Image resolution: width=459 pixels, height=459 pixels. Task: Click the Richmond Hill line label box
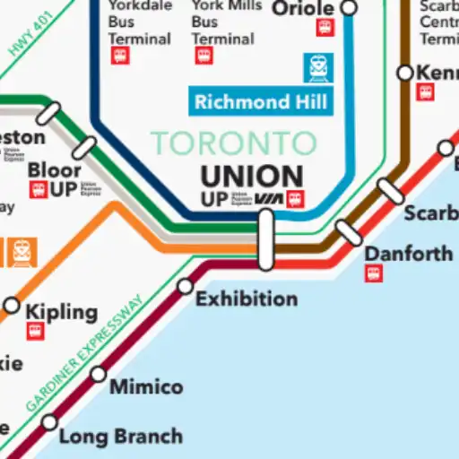261,101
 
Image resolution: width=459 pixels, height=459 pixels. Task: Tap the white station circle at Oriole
350,8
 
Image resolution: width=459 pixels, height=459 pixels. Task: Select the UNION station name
251,175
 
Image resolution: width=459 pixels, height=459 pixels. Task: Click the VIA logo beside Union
269,199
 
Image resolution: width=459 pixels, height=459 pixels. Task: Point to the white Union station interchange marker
265,239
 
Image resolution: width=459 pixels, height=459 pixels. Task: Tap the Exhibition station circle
185,286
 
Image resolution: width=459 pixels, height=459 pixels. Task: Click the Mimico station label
145,387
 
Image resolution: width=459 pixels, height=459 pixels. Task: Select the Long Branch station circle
49,422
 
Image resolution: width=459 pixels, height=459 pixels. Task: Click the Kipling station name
61,312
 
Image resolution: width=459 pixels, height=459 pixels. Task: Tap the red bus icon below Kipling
35,332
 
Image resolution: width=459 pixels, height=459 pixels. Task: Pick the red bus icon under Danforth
374,273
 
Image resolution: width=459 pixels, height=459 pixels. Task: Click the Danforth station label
408,254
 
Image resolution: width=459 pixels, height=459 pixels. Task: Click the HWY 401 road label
30,33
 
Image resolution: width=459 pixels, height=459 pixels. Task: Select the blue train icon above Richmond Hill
318,66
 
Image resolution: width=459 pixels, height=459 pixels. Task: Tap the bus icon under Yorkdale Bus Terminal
119,56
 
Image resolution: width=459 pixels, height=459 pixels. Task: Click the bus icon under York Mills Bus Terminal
204,56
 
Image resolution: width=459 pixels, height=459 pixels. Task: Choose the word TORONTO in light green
233,143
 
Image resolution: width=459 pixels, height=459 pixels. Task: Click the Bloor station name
54,169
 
